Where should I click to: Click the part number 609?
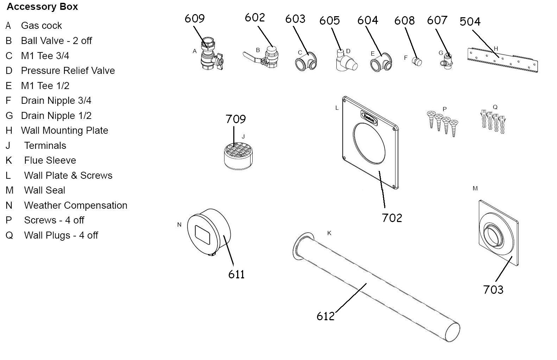[x=195, y=18]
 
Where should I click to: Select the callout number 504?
[x=470, y=22]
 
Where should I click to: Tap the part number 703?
[x=493, y=290]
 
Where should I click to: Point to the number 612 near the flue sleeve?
[x=325, y=316]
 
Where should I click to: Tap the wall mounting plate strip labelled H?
[x=502, y=60]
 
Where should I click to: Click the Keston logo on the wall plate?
[x=369, y=118]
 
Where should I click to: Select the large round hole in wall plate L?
[x=369, y=143]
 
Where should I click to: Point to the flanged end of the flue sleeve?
[x=299, y=246]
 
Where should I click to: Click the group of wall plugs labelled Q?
[x=493, y=121]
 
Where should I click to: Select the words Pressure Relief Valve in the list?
[x=68, y=71]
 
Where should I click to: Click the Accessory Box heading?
[x=42, y=7]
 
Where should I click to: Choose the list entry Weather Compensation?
[x=76, y=206]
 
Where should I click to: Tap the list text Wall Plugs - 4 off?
[x=61, y=235]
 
